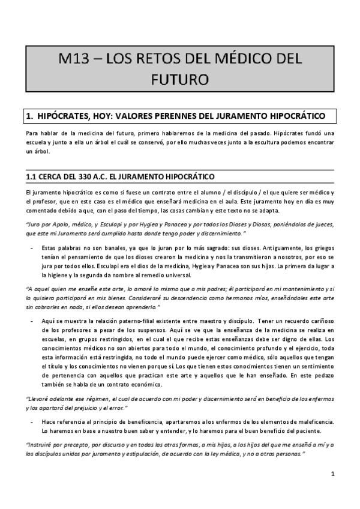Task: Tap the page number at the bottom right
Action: [x=332, y=474]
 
